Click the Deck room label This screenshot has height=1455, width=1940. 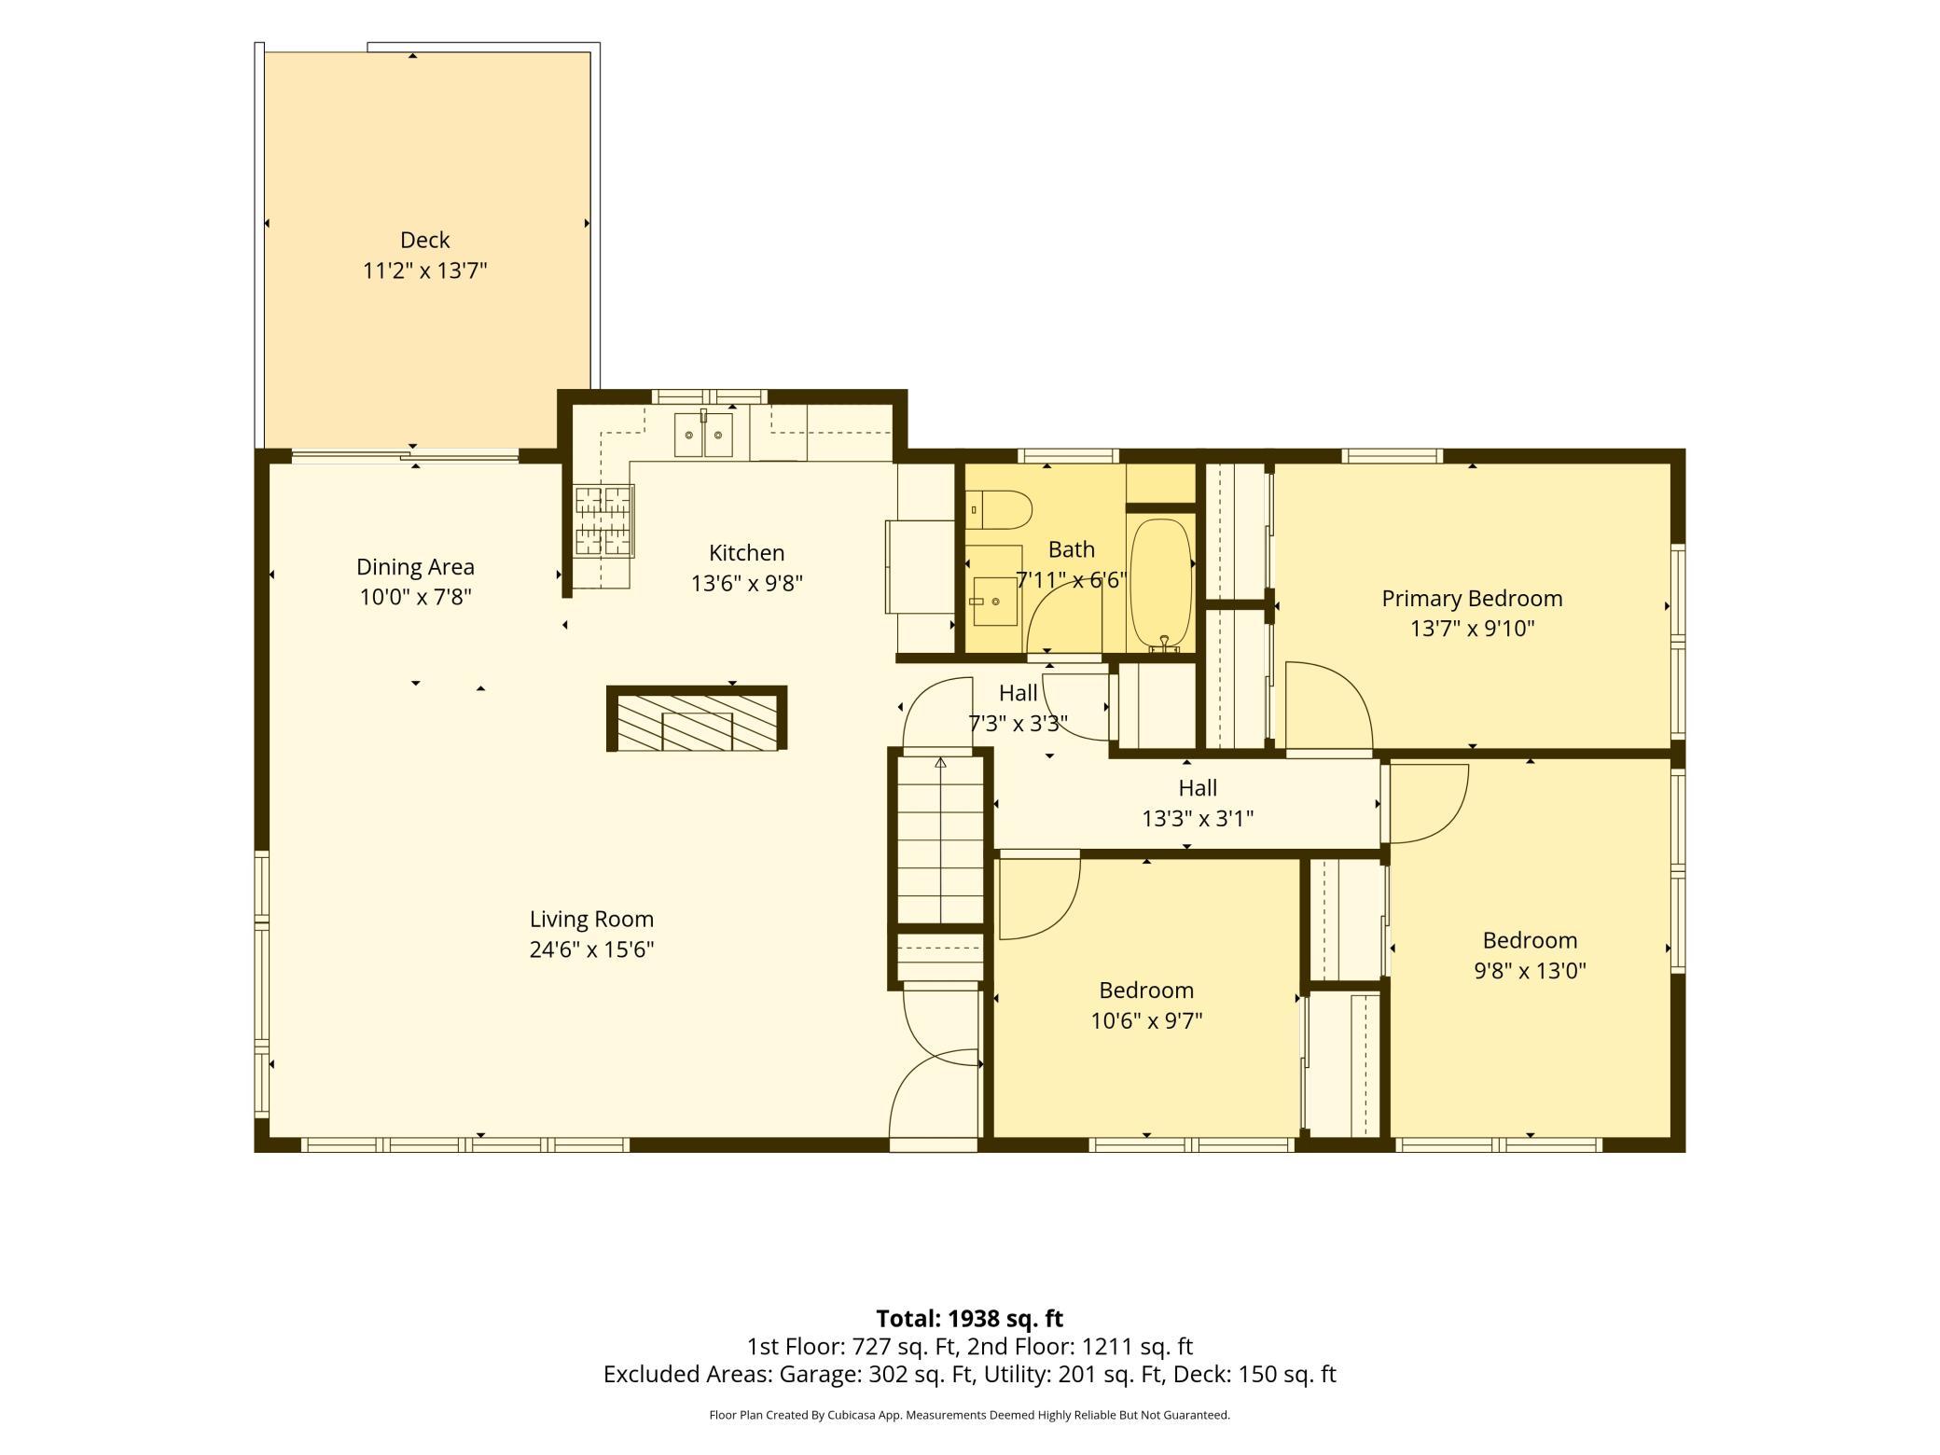425,241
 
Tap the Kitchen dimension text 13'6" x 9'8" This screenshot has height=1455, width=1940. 746,584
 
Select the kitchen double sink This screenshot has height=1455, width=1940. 703,435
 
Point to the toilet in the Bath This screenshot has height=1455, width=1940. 999,510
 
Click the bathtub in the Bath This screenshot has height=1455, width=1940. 1161,584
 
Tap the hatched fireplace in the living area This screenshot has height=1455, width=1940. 697,718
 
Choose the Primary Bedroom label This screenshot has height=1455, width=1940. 1472,599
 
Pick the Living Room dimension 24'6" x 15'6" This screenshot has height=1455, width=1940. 591,950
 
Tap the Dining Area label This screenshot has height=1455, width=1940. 415,567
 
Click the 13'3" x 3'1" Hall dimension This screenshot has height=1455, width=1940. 1198,819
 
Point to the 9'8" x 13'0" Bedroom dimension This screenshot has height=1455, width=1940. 1530,971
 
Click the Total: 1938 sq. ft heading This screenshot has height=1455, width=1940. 970,1319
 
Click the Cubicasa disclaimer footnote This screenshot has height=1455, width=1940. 970,1415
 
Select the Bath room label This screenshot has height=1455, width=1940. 1071,550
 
